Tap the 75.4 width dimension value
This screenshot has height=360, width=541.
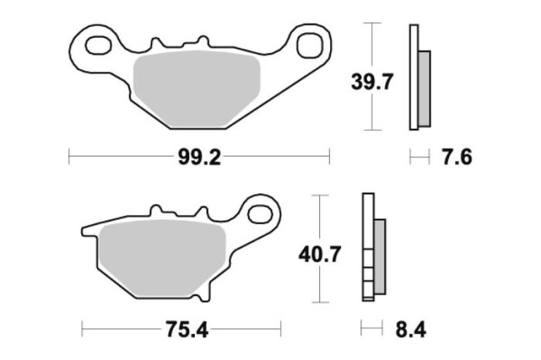(186, 330)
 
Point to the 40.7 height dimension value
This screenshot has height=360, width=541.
(318, 253)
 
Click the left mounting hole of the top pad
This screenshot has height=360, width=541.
(97, 45)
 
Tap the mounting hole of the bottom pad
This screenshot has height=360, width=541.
(260, 212)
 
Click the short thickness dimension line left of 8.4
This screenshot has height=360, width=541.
(372, 330)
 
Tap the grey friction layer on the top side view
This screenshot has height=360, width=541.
(424, 88)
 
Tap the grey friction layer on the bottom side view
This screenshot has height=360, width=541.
(379, 255)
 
